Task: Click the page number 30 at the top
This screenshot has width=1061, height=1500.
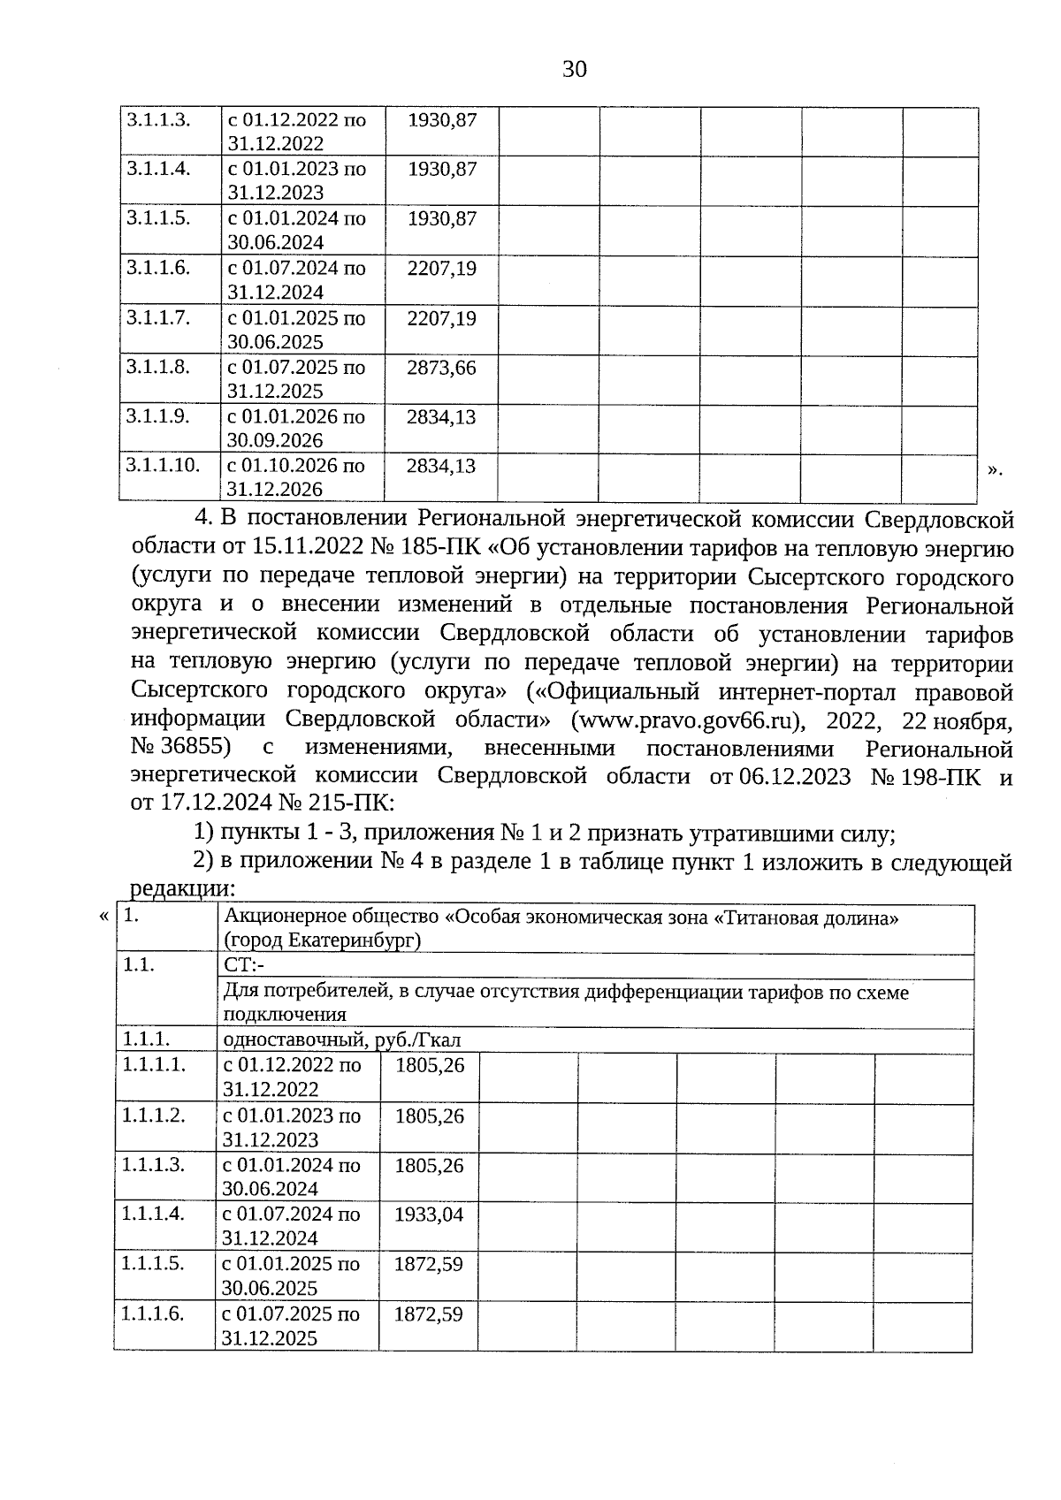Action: (x=574, y=69)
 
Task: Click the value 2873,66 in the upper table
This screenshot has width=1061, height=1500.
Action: (x=441, y=367)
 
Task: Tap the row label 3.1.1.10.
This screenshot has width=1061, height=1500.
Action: (x=163, y=465)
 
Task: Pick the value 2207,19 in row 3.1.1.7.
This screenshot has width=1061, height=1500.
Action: (x=441, y=317)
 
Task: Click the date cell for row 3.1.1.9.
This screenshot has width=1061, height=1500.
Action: (x=295, y=428)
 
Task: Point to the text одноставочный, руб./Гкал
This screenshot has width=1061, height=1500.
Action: (x=342, y=1040)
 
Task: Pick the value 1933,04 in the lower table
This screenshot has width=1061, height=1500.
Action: (x=428, y=1214)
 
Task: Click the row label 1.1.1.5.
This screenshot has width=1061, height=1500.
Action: (x=154, y=1263)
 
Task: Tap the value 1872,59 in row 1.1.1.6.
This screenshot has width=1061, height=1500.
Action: (x=428, y=1314)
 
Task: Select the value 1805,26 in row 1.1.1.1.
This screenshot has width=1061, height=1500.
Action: (x=430, y=1065)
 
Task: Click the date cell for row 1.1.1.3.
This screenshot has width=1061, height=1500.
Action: (x=292, y=1176)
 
